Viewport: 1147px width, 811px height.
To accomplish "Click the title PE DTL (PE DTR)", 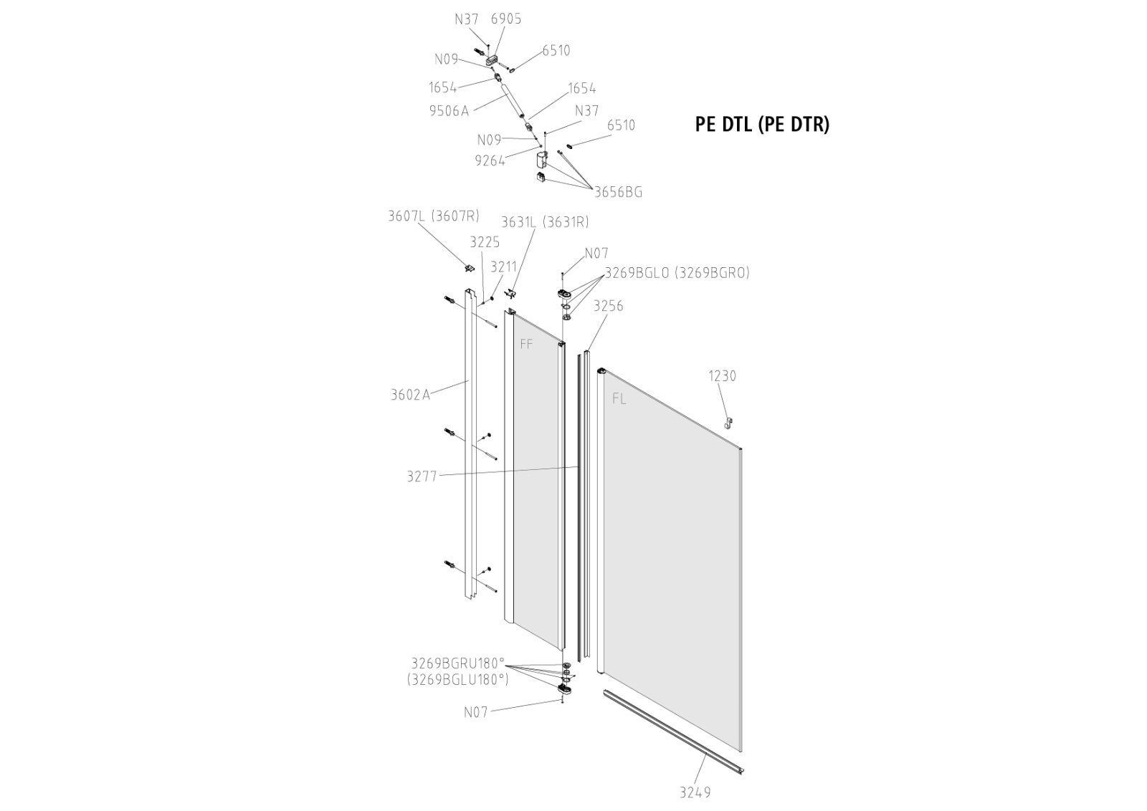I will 762,125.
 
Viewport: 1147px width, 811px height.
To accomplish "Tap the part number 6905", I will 506,19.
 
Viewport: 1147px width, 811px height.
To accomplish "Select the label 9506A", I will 449,110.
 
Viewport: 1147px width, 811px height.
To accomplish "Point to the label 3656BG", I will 618,192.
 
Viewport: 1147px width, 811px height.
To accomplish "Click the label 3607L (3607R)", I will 434,216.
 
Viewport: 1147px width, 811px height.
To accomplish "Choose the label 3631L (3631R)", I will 545,222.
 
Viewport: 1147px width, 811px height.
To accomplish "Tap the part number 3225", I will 485,242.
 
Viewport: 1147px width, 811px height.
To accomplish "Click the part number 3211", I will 503,267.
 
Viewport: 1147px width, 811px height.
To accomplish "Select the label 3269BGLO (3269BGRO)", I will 677,273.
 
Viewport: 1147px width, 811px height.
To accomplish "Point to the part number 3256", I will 609,306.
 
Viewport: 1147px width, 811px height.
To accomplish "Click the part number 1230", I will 722,375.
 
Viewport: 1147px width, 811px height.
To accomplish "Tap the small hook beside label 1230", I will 729,423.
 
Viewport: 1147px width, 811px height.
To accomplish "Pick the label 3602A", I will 410,394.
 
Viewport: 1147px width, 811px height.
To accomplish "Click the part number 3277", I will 422,476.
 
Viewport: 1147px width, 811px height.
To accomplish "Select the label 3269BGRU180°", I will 458,663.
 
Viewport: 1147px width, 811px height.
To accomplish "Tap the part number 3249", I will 695,792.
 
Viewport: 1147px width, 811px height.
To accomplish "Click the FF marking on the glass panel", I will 526,345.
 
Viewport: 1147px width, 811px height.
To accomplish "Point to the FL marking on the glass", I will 619,400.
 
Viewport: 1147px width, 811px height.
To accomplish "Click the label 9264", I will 490,161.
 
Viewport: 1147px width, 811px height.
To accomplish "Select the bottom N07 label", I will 475,712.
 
